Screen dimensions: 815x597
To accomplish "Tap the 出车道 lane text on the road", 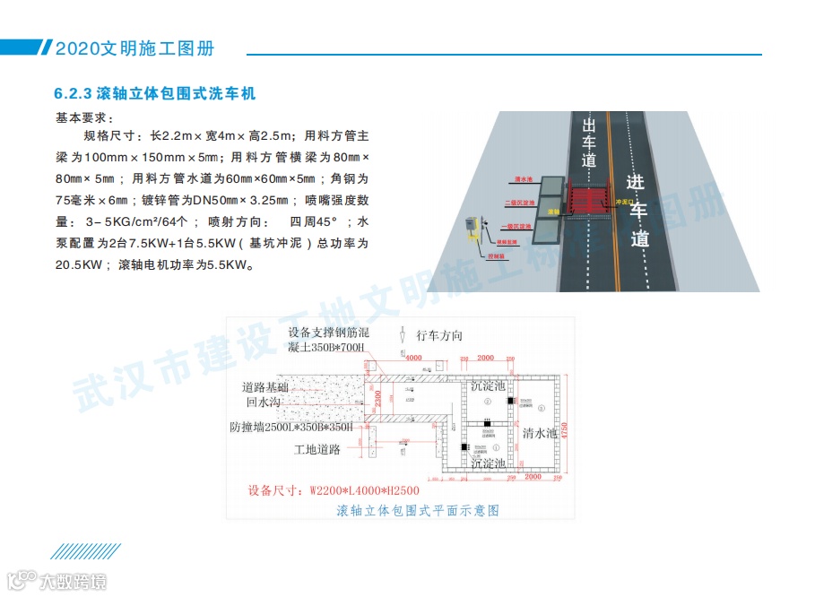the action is click(588, 143).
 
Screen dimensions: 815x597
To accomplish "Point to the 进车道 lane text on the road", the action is click(637, 212).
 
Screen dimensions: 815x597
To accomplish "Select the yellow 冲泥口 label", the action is click(624, 203).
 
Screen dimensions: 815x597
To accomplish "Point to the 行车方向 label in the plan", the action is click(440, 335).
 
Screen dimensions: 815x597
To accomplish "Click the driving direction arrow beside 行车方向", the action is click(404, 337).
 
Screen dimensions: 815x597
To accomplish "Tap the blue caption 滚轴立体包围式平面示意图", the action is click(417, 511).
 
